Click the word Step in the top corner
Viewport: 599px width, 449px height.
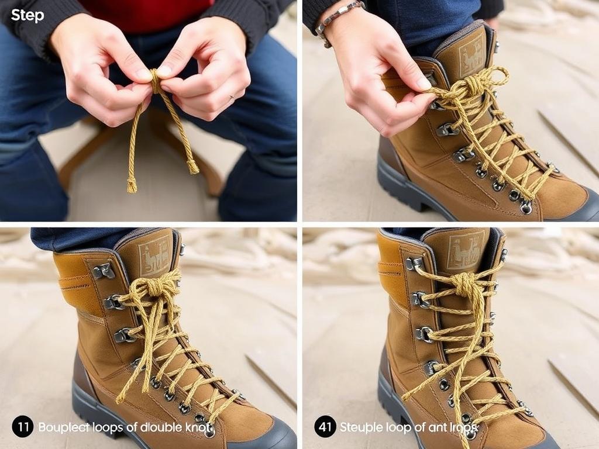pos(27,16)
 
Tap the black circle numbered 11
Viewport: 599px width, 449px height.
pos(22,427)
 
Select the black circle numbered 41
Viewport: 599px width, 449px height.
pos(325,427)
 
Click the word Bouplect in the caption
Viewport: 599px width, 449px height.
pos(63,427)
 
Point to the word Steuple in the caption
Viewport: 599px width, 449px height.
pos(361,427)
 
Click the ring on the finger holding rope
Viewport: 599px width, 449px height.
pos(232,98)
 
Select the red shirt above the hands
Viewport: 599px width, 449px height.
pos(146,15)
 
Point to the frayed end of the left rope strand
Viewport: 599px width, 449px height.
pos(132,185)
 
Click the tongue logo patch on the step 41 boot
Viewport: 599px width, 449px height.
pos(466,250)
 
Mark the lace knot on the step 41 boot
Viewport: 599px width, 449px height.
pos(465,285)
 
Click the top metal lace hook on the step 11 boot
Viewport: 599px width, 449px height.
pos(104,271)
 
